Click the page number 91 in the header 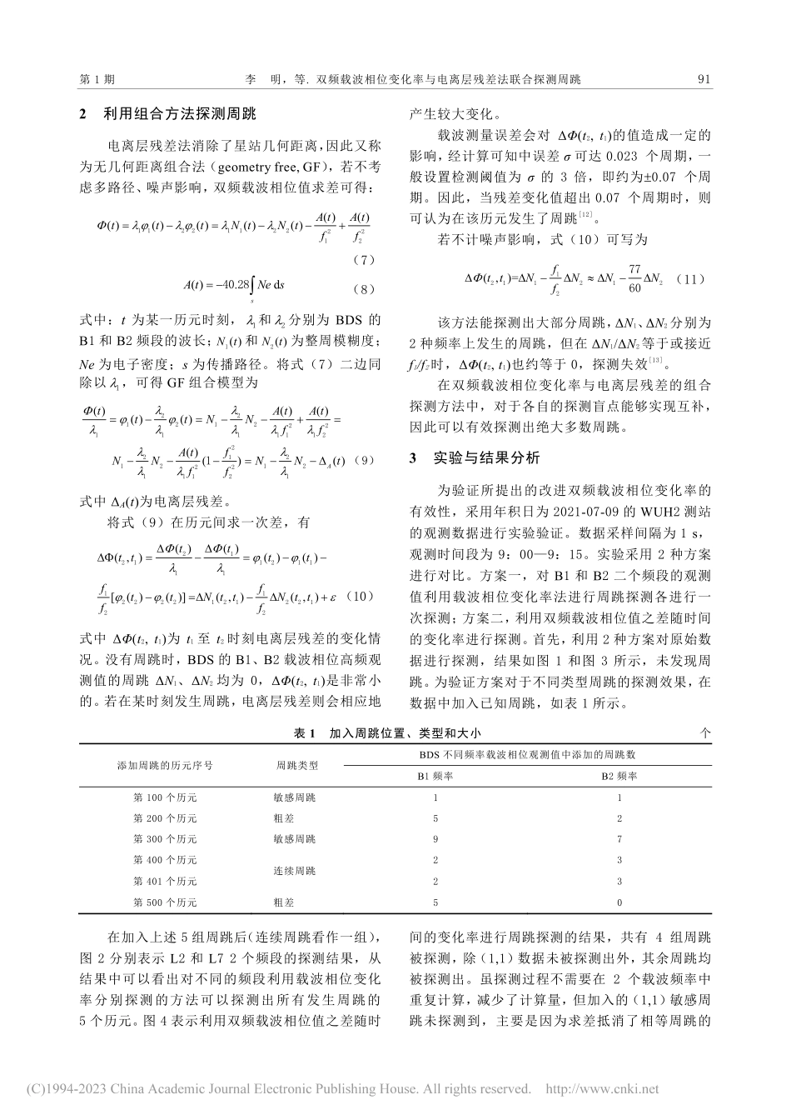(x=703, y=80)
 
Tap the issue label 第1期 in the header (x=97, y=80)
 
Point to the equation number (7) (x=363, y=261)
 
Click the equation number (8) (x=363, y=289)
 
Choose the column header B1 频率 (x=435, y=775)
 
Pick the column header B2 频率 (x=619, y=775)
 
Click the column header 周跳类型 (x=297, y=764)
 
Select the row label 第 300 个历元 (x=165, y=838)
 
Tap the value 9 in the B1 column (x=435, y=838)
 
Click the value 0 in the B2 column (x=619, y=902)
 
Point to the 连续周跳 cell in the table (x=295, y=870)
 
